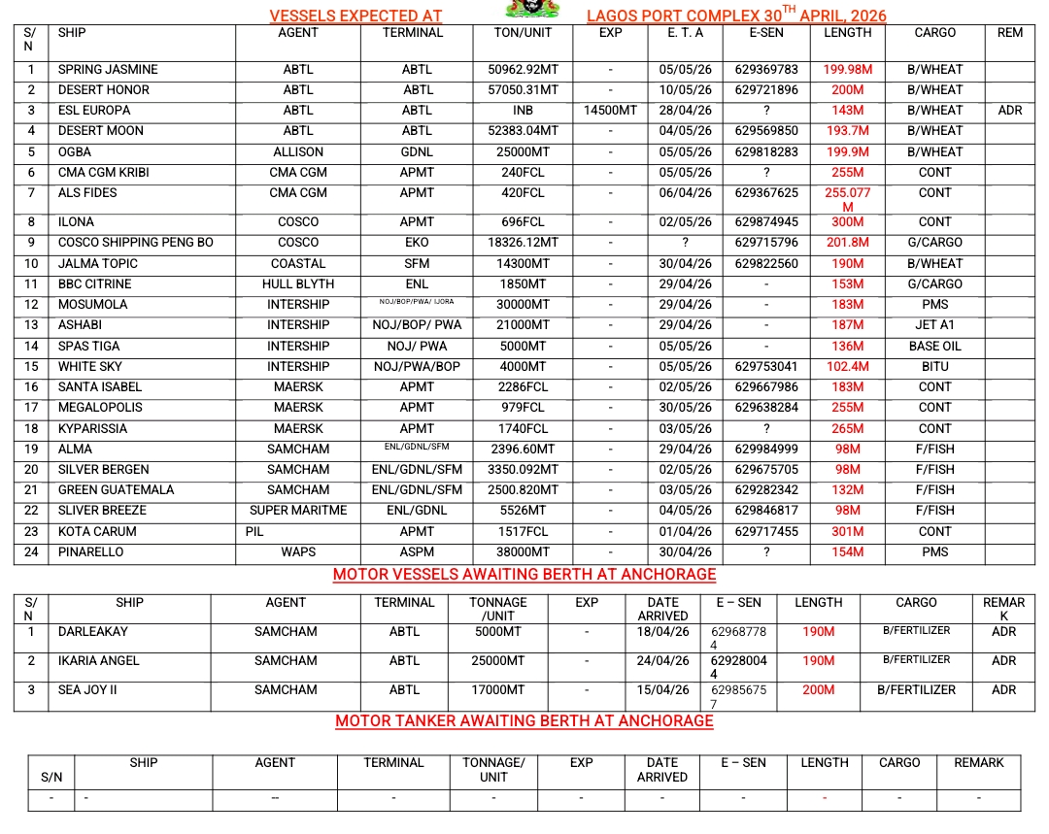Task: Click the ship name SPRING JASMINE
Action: click(x=108, y=70)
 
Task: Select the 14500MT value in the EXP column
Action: click(x=610, y=111)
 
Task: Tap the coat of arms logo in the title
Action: click(x=534, y=9)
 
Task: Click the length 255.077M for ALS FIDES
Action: click(x=847, y=199)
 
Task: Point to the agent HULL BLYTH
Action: click(x=298, y=284)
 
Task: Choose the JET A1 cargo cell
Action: click(x=934, y=325)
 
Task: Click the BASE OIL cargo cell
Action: click(x=934, y=347)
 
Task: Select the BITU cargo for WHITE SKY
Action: click(x=934, y=367)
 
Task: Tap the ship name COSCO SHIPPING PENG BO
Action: click(x=135, y=243)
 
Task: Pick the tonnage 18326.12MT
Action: click(x=524, y=243)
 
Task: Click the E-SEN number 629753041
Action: click(x=766, y=367)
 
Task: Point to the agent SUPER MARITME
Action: click(x=298, y=511)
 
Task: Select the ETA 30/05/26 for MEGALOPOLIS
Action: click(x=685, y=408)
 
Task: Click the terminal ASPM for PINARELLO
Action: click(x=417, y=552)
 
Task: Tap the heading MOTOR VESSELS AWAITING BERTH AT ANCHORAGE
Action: click(x=524, y=575)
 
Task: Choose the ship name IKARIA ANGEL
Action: click(x=99, y=661)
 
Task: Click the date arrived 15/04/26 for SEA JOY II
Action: click(x=662, y=690)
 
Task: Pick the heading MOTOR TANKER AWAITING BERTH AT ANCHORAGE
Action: click(x=524, y=721)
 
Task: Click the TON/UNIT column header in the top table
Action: click(x=524, y=33)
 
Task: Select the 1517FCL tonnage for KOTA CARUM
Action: click(x=524, y=532)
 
